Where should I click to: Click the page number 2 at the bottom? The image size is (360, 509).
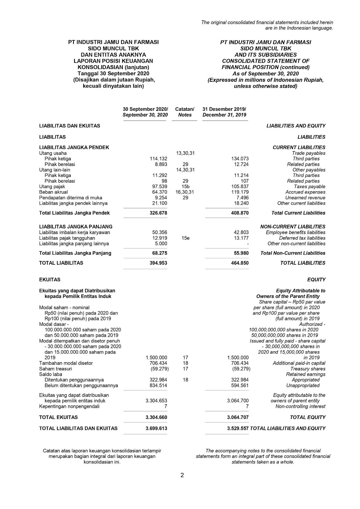pyautogui.click(x=182, y=476)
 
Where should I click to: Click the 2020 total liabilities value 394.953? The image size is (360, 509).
pyautogui.click(x=158, y=263)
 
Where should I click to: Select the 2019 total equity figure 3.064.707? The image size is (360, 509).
pyautogui.click(x=238, y=417)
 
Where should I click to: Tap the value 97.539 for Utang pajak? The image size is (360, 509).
pyautogui.click(x=160, y=187)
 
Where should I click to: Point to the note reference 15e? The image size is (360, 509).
pyautogui.click(x=185, y=238)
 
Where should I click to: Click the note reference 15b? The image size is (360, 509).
pyautogui.click(x=185, y=187)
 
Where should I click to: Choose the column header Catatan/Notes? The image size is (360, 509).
pyautogui.click(x=185, y=112)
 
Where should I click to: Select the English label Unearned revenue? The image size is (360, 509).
pyautogui.click(x=305, y=198)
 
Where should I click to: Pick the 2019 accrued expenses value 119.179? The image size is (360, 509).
pyautogui.click(x=240, y=192)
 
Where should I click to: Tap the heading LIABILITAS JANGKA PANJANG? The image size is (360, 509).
pyautogui.click(x=76, y=227)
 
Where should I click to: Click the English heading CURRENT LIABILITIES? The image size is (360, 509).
pyautogui.click(x=299, y=148)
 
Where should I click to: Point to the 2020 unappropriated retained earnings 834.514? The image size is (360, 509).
pyautogui.click(x=158, y=386)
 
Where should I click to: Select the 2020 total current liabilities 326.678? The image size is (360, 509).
pyautogui.click(x=158, y=213)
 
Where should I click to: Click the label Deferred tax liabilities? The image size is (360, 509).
pyautogui.click(x=302, y=238)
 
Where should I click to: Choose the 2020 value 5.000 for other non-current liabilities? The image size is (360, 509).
pyautogui.click(x=161, y=244)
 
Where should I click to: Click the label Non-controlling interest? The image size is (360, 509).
pyautogui.click(x=300, y=407)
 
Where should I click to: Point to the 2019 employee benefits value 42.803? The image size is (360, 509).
pyautogui.click(x=241, y=233)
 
